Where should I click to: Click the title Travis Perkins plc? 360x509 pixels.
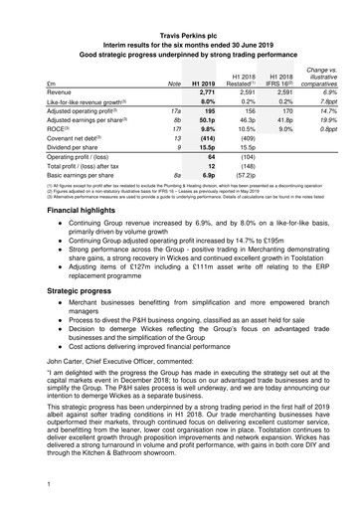pos(180,8)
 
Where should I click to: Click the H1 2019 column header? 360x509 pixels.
pos(204,81)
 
